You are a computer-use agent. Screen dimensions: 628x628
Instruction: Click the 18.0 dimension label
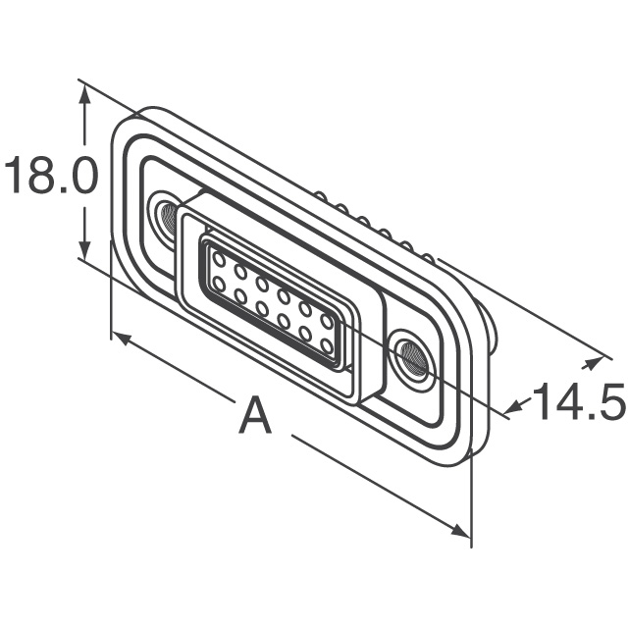(50, 176)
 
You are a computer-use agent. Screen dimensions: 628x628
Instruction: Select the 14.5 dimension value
(579, 401)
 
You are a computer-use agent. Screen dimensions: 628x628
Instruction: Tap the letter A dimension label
(255, 415)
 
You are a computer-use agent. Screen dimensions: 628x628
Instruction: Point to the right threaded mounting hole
(414, 357)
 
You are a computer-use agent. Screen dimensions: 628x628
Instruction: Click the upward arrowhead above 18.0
(83, 96)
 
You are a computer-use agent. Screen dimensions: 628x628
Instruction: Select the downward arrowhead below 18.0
(83, 248)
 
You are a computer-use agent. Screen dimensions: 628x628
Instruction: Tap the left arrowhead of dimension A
(122, 338)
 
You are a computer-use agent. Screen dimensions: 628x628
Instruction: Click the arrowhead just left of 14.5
(514, 408)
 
